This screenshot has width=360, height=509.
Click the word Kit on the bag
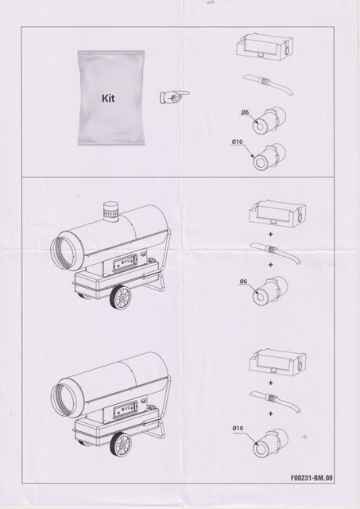[108, 98]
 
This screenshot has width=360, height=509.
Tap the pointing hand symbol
[174, 97]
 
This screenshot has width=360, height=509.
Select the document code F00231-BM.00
[312, 478]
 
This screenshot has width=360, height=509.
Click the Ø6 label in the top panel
[245, 112]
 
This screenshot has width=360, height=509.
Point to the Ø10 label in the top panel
[237, 142]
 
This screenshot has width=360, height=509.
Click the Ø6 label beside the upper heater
[243, 281]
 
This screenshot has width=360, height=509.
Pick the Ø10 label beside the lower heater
[238, 428]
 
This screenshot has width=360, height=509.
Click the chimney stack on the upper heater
[111, 212]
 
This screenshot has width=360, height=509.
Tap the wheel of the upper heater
[120, 298]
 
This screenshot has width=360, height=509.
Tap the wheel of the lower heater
[120, 445]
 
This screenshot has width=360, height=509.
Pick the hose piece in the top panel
[269, 84]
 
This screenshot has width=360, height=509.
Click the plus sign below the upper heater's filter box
[270, 234]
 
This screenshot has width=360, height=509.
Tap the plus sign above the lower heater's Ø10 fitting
[270, 414]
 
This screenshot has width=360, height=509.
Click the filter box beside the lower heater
[277, 363]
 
